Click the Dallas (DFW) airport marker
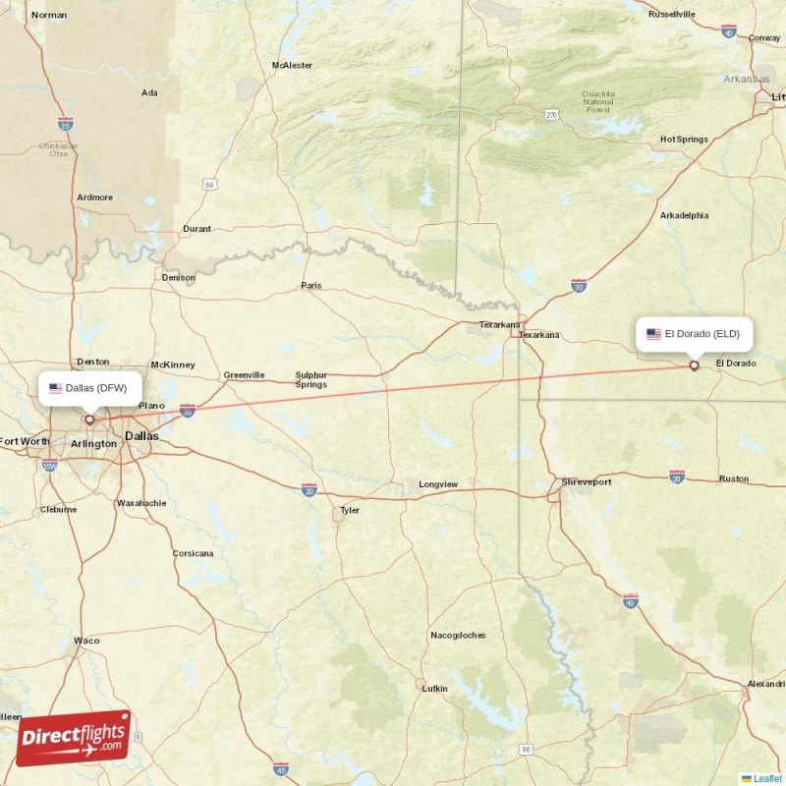pos(89,420)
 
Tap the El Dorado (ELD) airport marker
pos(694,365)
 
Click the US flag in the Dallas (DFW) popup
pos(56,388)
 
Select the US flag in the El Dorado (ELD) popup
pos(653,334)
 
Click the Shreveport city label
pos(587,482)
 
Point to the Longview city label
pos(438,484)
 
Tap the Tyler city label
pos(350,511)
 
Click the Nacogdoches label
pos(458,636)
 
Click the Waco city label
pos(86,641)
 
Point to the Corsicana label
pos(193,554)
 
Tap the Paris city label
pos(311,286)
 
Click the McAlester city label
pos(292,66)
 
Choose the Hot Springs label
pos(684,140)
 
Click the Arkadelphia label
pos(684,215)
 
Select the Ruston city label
pos(733,479)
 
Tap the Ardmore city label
pos(95,197)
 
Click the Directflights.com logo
pos(73,738)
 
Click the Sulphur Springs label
pos(311,379)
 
